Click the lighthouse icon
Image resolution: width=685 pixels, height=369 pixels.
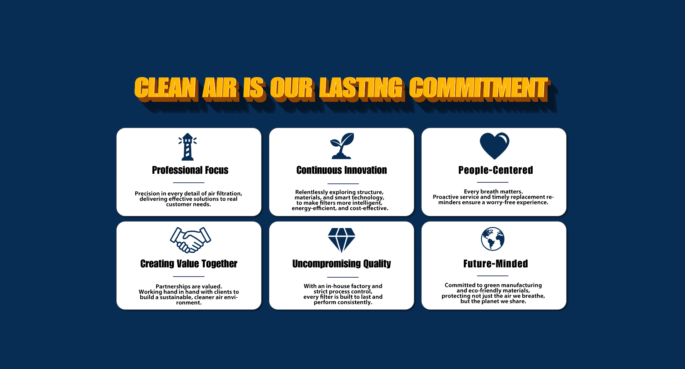[188, 147]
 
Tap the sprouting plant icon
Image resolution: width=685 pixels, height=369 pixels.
[342, 146]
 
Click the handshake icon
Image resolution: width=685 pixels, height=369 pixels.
[191, 240]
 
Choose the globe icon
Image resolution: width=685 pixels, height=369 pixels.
[493, 239]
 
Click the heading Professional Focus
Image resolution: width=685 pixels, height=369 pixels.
[190, 170]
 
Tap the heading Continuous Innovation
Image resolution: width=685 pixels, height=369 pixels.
[342, 170]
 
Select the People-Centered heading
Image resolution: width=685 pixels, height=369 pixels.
[496, 170]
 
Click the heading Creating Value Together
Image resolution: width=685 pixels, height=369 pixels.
[189, 264]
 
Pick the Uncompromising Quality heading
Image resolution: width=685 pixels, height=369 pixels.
[342, 264]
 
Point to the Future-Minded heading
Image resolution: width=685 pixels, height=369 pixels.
[496, 264]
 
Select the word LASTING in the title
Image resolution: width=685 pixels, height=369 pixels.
[362, 88]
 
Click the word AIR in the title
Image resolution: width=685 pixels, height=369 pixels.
[220, 88]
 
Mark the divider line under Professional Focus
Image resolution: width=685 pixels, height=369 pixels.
[188, 183]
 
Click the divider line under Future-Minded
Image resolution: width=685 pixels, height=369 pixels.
[493, 276]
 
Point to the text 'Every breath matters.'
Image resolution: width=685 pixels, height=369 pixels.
[493, 192]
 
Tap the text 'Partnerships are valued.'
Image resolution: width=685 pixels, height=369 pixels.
[189, 287]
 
